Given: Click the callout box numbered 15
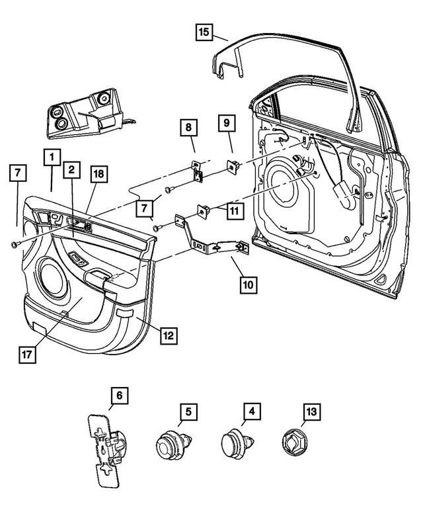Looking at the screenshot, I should pyautogui.click(x=204, y=32).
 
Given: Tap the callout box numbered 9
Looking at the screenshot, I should pyautogui.click(x=225, y=123).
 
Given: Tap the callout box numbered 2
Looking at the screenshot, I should pyautogui.click(x=71, y=170).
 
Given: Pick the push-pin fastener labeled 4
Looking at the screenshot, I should pyautogui.click(x=234, y=444).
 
